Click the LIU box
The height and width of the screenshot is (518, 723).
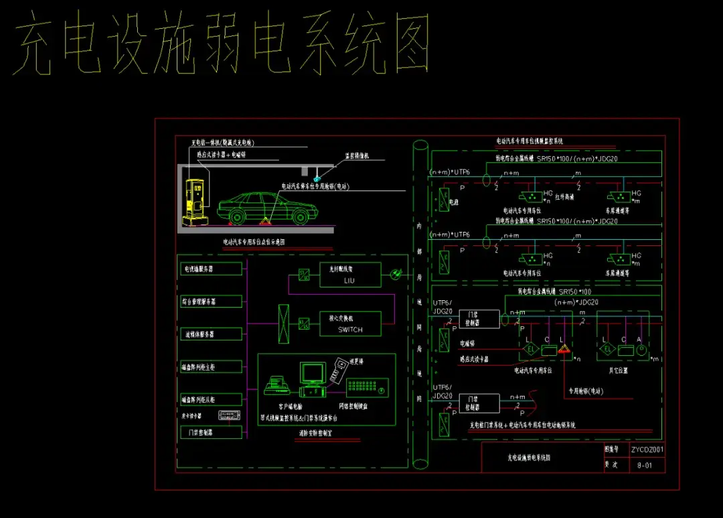[x=349, y=275]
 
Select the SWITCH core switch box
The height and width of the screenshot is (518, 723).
[x=349, y=324]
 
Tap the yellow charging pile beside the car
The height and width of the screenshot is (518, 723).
[x=195, y=198]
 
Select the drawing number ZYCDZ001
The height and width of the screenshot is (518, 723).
[x=647, y=450]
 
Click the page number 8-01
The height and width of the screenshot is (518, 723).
[x=645, y=464]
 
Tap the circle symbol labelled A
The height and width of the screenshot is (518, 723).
[x=640, y=348]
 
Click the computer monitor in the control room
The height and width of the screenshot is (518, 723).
[x=311, y=373]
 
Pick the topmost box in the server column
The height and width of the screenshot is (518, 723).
[x=211, y=269]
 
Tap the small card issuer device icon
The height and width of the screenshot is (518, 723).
[x=228, y=415]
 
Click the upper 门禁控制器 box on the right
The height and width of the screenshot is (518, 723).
[x=479, y=319]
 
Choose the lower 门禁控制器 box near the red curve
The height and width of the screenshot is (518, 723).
[x=479, y=403]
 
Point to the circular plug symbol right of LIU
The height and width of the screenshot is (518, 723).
[x=395, y=273]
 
